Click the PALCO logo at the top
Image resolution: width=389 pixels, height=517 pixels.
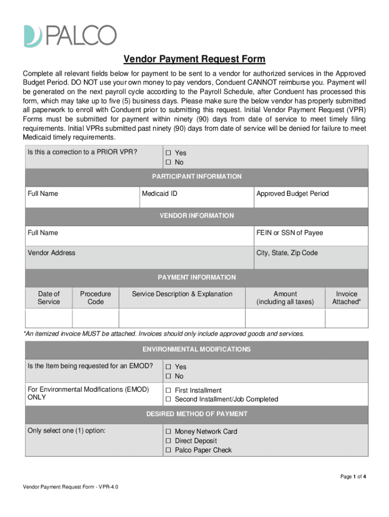click(70, 35)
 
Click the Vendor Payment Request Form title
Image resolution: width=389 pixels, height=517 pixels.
click(194, 60)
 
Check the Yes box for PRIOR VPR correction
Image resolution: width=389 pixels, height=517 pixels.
click(169, 153)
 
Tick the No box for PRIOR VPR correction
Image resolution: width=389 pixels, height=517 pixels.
click(169, 163)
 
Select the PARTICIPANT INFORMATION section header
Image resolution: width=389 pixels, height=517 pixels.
click(197, 177)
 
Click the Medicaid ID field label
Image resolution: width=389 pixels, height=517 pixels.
click(160, 194)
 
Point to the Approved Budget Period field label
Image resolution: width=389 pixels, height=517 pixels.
click(293, 194)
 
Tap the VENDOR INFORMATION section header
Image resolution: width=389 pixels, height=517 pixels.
click(197, 216)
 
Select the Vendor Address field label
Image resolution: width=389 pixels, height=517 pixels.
click(52, 253)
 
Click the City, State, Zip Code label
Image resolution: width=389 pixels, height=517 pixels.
click(287, 253)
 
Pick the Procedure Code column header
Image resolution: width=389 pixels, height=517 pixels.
click(95, 298)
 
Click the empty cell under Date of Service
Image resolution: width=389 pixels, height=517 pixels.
click(48, 318)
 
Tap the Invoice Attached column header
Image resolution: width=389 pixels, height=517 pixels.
click(347, 298)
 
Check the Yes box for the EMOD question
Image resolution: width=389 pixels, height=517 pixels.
click(169, 367)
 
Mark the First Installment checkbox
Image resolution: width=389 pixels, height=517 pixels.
click(169, 390)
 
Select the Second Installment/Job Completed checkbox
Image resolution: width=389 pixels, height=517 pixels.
click(169, 399)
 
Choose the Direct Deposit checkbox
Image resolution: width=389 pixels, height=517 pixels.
click(169, 441)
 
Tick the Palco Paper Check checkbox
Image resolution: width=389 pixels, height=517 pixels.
click(169, 450)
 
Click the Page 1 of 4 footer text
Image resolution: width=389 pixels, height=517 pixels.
click(353, 476)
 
